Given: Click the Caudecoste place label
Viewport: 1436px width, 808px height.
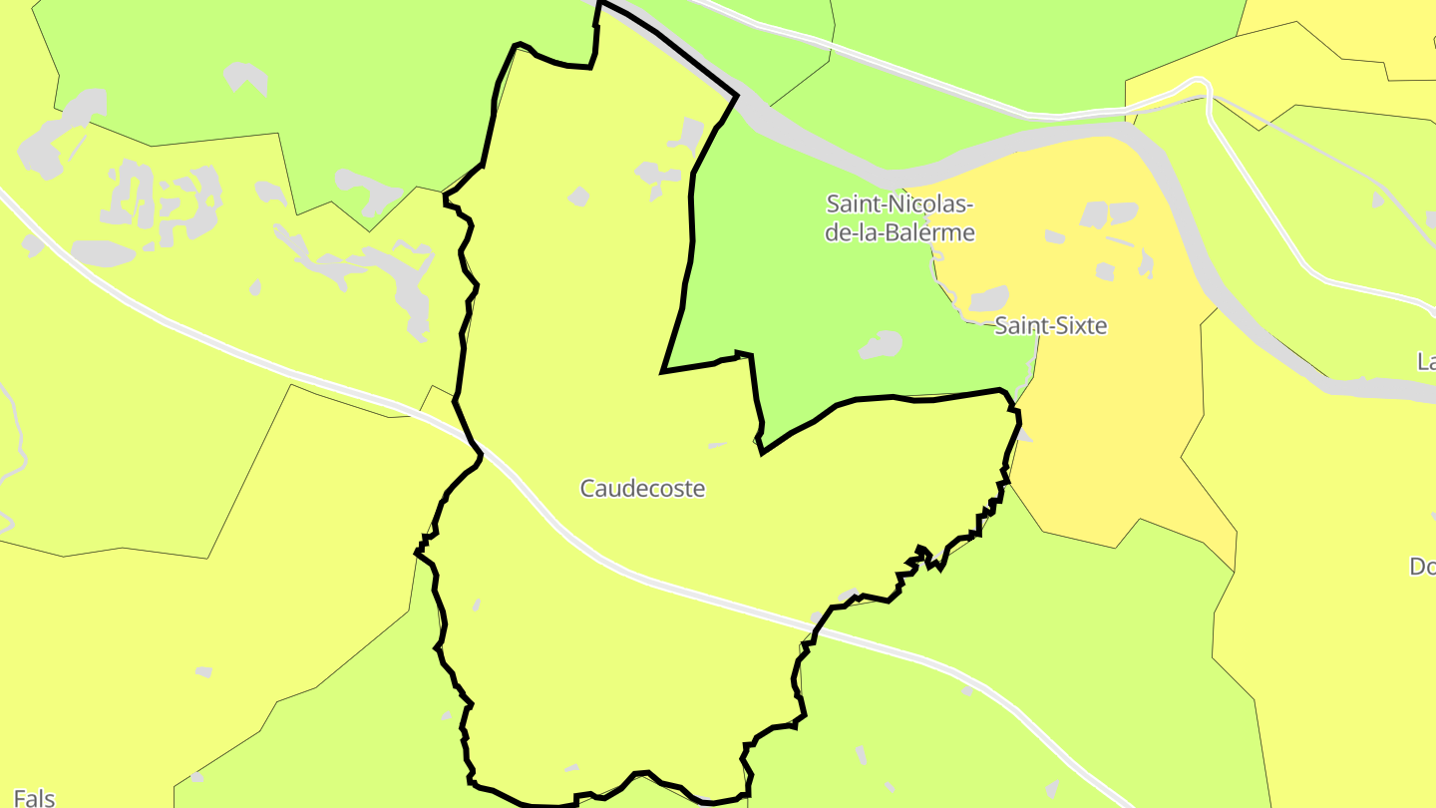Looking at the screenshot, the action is [x=642, y=489].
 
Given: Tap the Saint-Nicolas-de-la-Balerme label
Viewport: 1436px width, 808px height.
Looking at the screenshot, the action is [x=899, y=218].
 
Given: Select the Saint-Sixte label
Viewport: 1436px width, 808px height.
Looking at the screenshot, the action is [x=1051, y=326].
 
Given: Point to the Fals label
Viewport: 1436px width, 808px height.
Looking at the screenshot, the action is [x=35, y=797].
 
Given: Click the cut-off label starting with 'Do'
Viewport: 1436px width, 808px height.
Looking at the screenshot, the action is [x=1422, y=567].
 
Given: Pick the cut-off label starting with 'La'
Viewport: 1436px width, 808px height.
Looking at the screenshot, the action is [x=1426, y=360].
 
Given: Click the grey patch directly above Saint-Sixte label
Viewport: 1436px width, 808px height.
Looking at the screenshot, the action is [x=989, y=297].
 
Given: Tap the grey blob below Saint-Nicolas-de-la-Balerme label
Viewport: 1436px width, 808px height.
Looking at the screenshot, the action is [x=881, y=345].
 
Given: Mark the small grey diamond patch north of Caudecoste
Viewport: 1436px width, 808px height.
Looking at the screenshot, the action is [x=579, y=197].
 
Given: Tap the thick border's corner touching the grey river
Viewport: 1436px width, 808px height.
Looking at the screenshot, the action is [x=736, y=96].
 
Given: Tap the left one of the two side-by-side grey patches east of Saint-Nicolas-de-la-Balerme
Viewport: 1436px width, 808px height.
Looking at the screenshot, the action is [x=1094, y=214].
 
